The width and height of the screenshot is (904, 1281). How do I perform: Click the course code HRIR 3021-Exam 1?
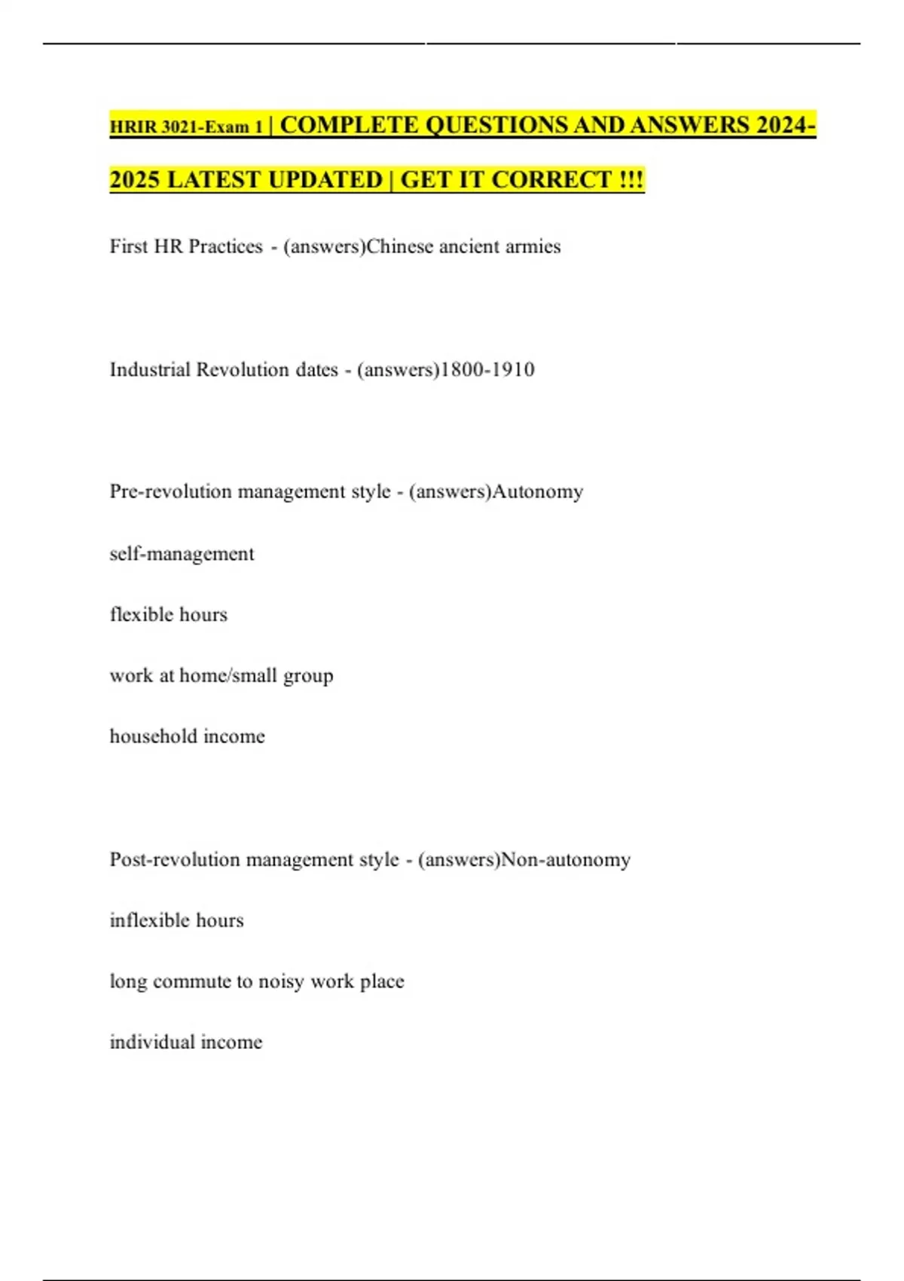[186, 127]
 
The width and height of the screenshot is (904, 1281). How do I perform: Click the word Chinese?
[399, 246]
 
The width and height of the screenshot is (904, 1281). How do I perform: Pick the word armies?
[534, 246]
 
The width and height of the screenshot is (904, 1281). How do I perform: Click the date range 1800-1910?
[487, 370]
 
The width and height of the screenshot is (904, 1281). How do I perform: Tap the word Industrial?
[149, 370]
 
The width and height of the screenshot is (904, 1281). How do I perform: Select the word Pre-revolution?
[170, 491]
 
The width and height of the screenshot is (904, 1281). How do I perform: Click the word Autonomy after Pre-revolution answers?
[538, 492]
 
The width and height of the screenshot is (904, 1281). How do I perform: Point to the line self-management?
[182, 554]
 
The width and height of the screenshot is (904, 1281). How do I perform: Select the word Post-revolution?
[174, 860]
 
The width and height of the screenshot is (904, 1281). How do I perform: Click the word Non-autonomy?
[566, 860]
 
